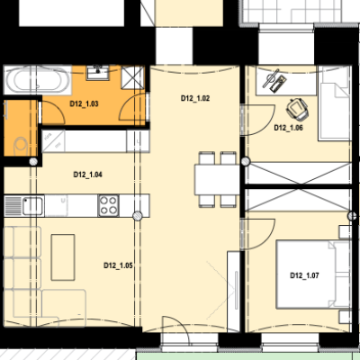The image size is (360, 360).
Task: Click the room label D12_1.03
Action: pos(84,103)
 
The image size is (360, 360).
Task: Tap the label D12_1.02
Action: pos(195,98)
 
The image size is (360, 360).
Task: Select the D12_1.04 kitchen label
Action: pos(87,175)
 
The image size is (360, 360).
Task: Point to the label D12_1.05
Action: pos(118,265)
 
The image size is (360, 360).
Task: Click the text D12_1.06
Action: pos(288,128)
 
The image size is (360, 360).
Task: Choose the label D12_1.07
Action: pos(304,275)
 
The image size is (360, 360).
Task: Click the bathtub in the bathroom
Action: pos(37,79)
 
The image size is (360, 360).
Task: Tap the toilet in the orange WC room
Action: pos(21,146)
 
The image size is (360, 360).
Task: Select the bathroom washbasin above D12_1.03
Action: pos(98,73)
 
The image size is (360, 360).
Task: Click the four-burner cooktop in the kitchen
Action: pos(109,205)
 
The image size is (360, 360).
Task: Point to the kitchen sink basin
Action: pos(32,206)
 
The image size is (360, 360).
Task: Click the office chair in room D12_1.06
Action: pos(297,109)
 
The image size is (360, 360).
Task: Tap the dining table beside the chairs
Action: pos(217,179)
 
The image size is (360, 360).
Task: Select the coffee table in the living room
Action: pos(63,257)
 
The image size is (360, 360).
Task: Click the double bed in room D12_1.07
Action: pos(313,274)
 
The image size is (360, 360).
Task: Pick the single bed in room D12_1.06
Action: pos(335,103)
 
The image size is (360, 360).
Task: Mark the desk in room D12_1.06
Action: pos(286,80)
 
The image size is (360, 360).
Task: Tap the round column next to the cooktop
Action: pos(138,216)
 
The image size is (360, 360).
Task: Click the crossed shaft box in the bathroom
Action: pos(132,77)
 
